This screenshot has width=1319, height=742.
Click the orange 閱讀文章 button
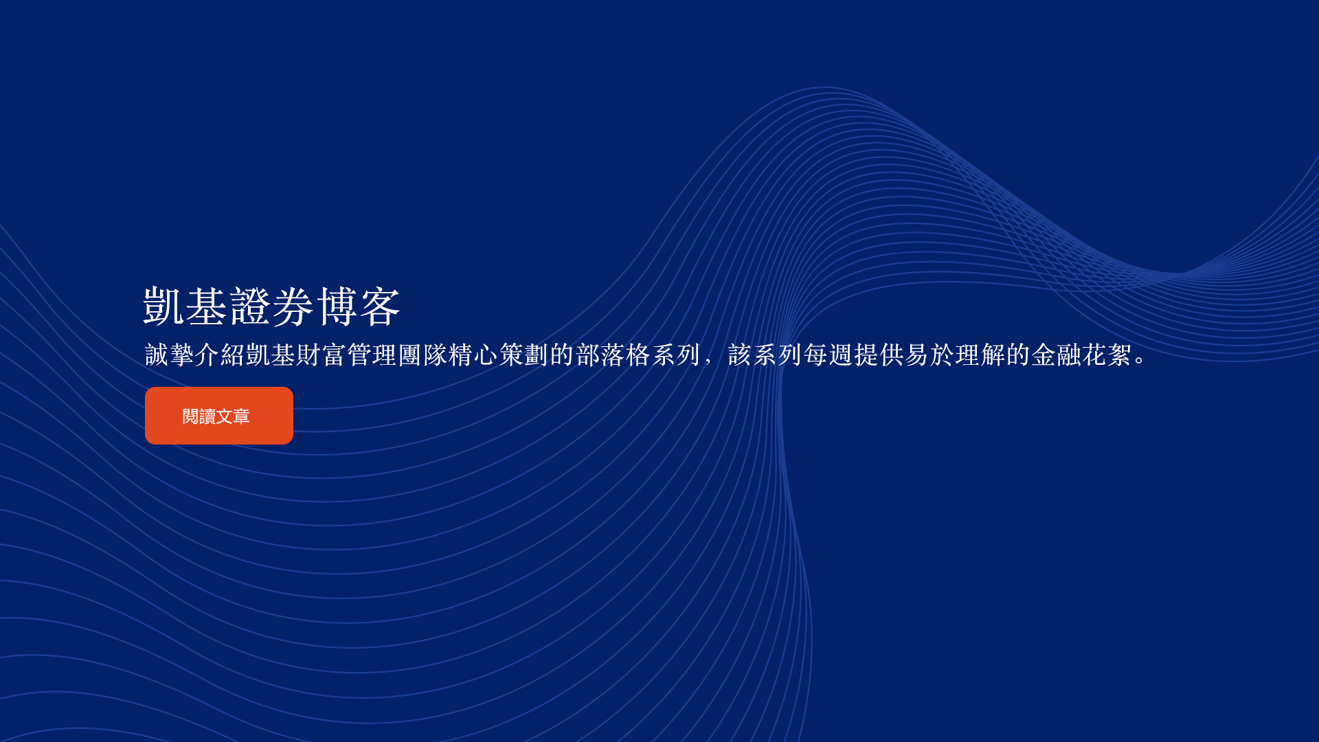(219, 416)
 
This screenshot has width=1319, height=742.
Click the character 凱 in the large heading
(164, 306)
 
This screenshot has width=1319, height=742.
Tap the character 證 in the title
(250, 306)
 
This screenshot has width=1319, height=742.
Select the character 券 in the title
(293, 306)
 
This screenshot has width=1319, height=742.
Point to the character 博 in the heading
(337, 306)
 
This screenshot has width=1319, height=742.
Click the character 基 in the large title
(207, 306)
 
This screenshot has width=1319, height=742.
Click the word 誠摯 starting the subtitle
(170, 355)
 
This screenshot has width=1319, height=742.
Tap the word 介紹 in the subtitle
(221, 355)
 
